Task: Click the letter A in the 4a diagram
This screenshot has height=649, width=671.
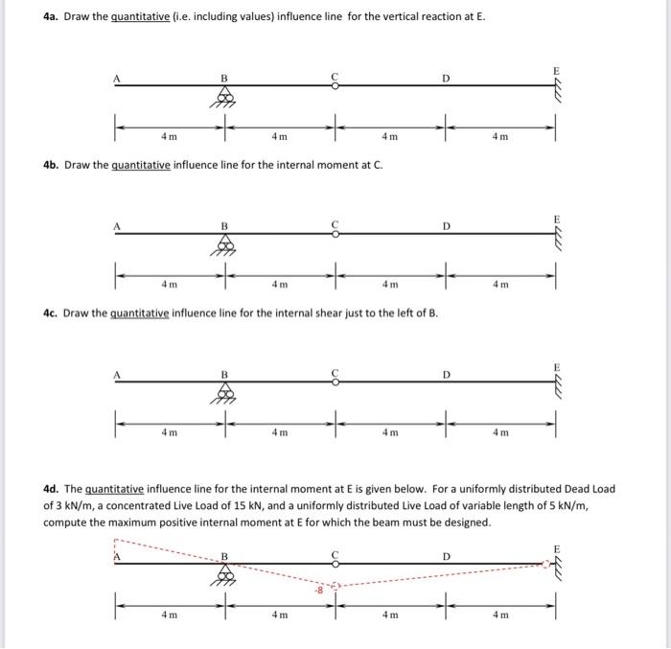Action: [119, 77]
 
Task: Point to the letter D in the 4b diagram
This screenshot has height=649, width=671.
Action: [446, 225]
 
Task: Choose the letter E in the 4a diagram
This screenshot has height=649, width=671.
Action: [553, 70]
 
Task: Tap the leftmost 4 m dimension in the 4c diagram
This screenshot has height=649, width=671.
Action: [169, 432]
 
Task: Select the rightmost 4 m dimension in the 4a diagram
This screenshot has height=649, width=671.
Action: [500, 136]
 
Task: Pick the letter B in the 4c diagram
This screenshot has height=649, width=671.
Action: [225, 374]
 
